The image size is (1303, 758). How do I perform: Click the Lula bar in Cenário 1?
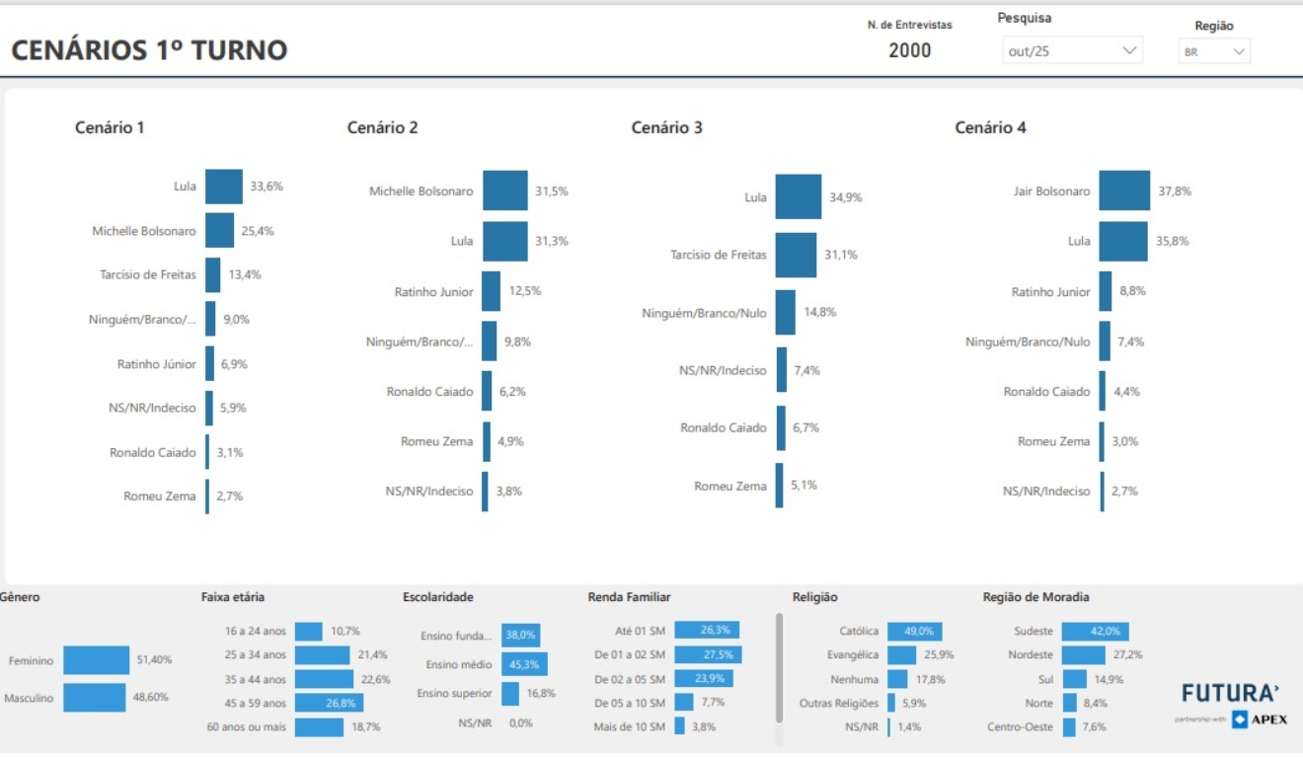click(224, 187)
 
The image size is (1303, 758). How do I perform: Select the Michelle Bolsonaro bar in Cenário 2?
click(504, 190)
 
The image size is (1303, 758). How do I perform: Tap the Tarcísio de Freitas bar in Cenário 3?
click(796, 255)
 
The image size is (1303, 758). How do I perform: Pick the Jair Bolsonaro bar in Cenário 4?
click(1124, 190)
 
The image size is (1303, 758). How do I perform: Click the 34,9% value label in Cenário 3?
click(846, 197)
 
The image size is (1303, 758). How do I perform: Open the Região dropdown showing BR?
click(1214, 52)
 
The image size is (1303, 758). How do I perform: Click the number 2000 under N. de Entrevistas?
click(909, 50)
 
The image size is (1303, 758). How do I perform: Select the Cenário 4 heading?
click(990, 127)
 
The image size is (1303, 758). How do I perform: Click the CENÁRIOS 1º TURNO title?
click(149, 50)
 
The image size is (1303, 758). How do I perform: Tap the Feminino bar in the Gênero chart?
click(97, 660)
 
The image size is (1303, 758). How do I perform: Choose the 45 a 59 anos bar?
click(329, 703)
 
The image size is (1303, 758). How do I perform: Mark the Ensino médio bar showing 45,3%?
click(524, 664)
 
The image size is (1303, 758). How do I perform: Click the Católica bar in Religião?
click(914, 631)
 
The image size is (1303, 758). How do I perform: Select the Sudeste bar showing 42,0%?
click(1095, 631)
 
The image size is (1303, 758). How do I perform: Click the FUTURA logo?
click(1230, 693)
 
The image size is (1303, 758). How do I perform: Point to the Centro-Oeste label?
click(1020, 727)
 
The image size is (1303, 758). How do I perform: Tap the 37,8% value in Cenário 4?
click(1175, 191)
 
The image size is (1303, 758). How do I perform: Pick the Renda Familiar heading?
click(629, 597)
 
